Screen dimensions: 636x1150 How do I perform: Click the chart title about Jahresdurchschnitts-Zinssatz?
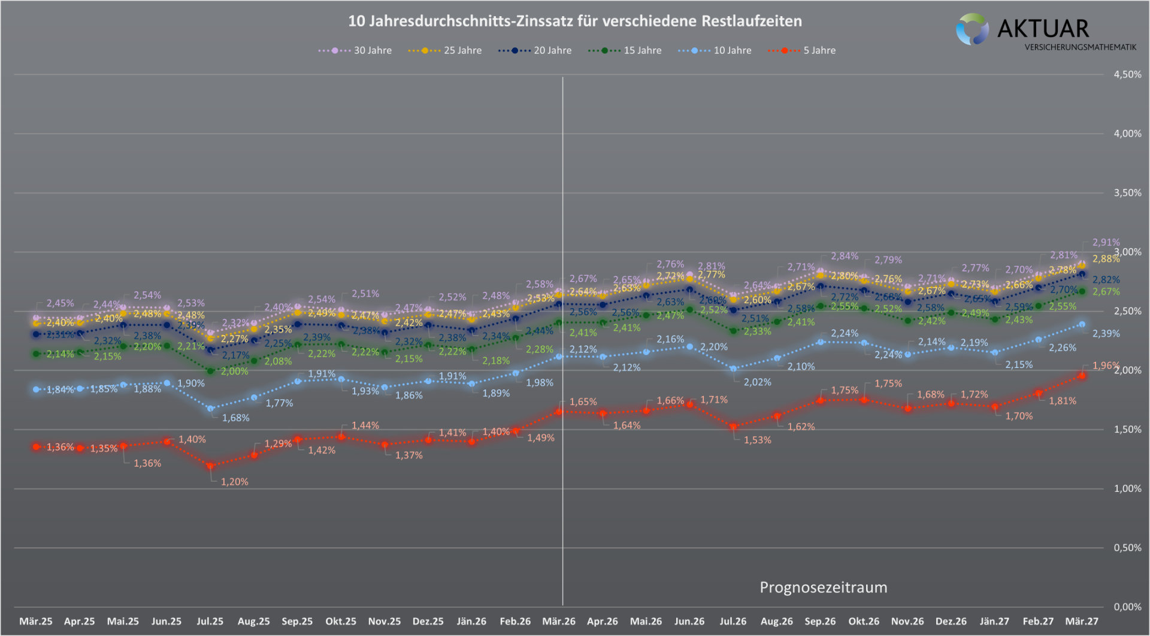[575, 22]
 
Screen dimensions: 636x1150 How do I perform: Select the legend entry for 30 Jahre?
[355, 51]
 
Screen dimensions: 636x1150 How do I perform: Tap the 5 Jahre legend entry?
[802, 51]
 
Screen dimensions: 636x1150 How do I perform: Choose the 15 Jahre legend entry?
[625, 51]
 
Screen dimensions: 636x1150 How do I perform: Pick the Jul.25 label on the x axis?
[210, 621]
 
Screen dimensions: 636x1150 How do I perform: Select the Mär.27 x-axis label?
[1082, 621]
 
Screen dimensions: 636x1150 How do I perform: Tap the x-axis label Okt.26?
[864, 621]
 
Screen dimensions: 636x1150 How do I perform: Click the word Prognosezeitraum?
[824, 588]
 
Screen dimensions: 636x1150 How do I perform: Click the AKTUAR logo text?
[1043, 29]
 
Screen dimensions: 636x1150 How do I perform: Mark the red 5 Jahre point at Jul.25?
[210, 465]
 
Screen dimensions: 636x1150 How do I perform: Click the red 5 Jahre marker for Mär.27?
[1082, 376]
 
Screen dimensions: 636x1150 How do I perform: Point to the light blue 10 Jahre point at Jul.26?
[733, 369]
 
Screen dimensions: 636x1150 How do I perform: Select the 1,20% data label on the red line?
[235, 482]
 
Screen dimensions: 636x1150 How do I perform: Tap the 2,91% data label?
[1106, 242]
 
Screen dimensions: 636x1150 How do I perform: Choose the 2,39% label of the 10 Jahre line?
[1106, 333]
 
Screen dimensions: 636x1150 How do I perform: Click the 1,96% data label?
[1106, 366]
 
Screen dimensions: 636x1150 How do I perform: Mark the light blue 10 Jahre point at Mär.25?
[36, 389]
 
